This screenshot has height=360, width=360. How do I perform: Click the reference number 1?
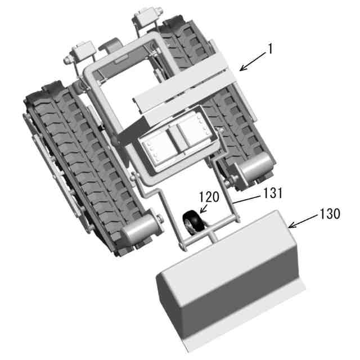pyautogui.click(x=271, y=49)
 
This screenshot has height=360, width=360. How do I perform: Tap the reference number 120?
pyautogui.click(x=209, y=197)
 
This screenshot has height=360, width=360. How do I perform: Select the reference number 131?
pyautogui.click(x=273, y=193)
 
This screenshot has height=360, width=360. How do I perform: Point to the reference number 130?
pyautogui.click(x=330, y=214)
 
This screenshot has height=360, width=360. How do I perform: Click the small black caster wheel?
pyautogui.click(x=193, y=223)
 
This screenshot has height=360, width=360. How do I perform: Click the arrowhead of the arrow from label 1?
pyautogui.click(x=242, y=68)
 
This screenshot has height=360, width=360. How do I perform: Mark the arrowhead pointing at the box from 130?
pyautogui.click(x=291, y=226)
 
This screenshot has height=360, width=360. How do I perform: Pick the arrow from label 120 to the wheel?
pyautogui.click(x=204, y=209)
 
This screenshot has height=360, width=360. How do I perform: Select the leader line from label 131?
pyautogui.click(x=247, y=200)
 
